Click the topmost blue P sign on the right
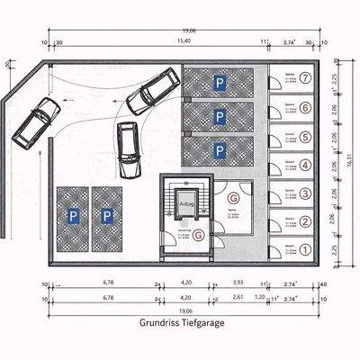tap(219, 83)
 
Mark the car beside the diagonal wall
tap(34, 124)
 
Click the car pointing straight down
tap(127, 149)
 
